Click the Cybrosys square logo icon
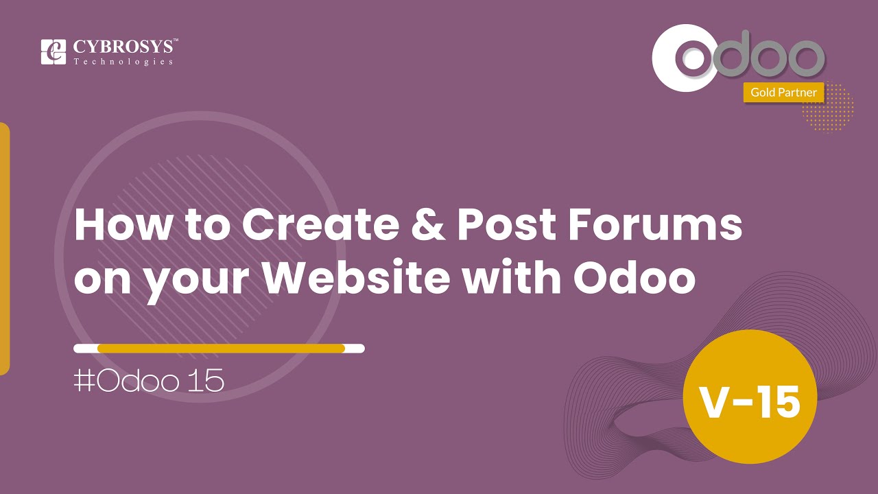tap(54, 51)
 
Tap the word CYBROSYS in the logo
tap(123, 47)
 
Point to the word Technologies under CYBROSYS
tap(123, 62)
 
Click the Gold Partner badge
tap(783, 92)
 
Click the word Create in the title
tap(320, 225)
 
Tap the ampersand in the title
tap(428, 225)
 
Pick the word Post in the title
tap(506, 225)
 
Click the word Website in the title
tap(356, 277)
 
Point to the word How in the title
tap(123, 225)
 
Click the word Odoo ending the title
tap(634, 277)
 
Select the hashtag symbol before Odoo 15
tap(84, 380)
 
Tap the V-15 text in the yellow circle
tap(750, 401)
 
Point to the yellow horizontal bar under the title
tap(221, 348)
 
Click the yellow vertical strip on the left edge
tap(4, 248)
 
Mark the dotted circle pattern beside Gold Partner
tap(828, 107)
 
